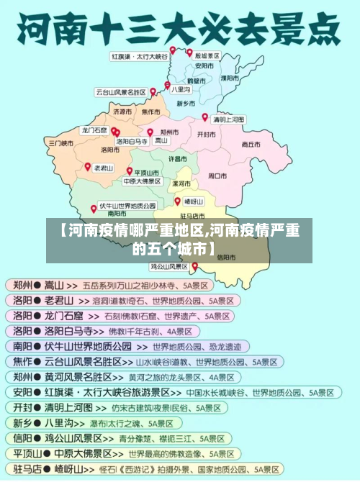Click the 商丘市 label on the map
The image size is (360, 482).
(x=251, y=144)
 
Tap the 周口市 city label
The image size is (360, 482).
(x=217, y=175)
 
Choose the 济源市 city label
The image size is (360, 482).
(x=122, y=112)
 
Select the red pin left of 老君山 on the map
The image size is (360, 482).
(x=88, y=166)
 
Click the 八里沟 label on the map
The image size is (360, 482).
(x=181, y=89)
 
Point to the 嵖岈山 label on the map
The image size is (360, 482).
(x=194, y=201)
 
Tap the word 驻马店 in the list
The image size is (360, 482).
(x=22, y=469)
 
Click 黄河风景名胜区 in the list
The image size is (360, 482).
(x=83, y=376)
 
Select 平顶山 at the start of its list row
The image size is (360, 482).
(x=22, y=454)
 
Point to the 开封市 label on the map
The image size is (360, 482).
(x=207, y=135)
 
